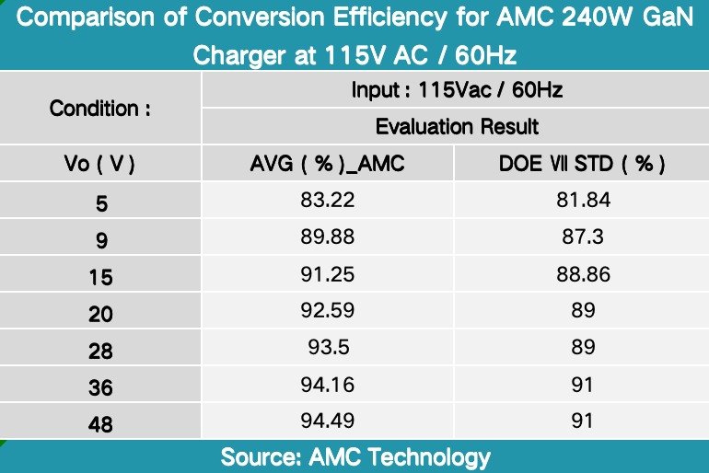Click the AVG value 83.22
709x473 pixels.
(x=328, y=200)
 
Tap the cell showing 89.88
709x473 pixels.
(x=328, y=237)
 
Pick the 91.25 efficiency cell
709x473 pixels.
(x=328, y=274)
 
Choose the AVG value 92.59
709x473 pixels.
(x=328, y=311)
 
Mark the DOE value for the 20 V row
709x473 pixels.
(x=583, y=311)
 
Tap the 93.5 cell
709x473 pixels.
(x=328, y=348)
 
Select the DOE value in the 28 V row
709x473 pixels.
(x=583, y=348)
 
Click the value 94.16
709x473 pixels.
(x=328, y=385)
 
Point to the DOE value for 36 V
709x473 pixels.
(x=583, y=385)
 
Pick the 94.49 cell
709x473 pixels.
(x=328, y=421)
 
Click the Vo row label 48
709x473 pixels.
(x=100, y=422)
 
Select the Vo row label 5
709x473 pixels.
(x=100, y=202)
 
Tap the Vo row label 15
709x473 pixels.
(x=100, y=276)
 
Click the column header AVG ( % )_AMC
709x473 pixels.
(x=328, y=164)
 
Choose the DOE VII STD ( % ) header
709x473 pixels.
(x=583, y=164)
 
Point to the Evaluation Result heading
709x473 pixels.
(x=457, y=125)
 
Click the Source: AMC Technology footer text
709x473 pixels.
(x=354, y=456)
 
